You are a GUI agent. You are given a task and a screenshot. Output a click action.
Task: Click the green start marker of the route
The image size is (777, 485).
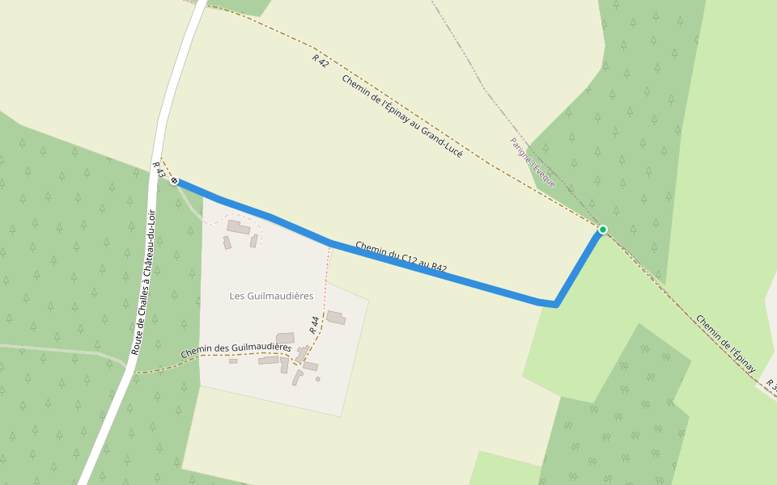tap(602, 230)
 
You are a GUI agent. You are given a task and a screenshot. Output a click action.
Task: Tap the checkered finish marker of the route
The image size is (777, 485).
tap(174, 181)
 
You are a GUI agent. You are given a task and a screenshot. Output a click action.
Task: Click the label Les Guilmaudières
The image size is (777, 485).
tap(271, 296)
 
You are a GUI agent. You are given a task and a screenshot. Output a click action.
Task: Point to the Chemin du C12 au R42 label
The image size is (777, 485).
tap(401, 256)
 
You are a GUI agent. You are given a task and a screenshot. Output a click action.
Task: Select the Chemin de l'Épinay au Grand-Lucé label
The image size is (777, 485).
tap(401, 115)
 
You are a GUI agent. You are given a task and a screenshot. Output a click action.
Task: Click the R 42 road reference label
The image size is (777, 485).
tap(321, 61)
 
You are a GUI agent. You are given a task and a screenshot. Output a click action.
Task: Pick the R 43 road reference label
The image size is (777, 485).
tap(159, 169)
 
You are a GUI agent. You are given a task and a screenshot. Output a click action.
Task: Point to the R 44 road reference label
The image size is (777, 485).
tap(315, 325)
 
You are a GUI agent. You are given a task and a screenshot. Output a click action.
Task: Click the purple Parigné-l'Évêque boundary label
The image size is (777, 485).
tap(532, 162)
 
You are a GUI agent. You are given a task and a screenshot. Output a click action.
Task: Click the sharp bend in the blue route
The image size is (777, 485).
tap(555, 304)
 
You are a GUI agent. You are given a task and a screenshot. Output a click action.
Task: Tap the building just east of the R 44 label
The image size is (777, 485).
tap(336, 318)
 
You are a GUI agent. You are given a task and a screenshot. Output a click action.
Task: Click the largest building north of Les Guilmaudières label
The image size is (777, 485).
tap(238, 227)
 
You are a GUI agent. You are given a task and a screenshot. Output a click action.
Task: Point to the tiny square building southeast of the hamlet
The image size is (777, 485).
tap(318, 378)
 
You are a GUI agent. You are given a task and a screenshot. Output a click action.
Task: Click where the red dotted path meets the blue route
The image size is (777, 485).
tap(330, 242)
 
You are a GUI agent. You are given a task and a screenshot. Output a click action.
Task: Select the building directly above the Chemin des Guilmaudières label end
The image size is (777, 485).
tap(285, 337)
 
